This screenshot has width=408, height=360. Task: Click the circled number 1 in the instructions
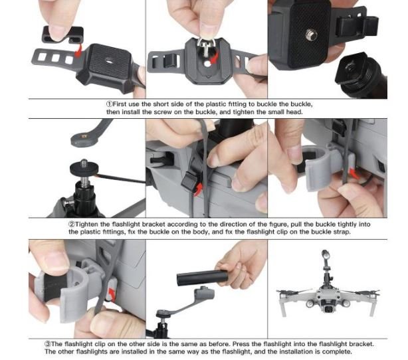coord(109,104)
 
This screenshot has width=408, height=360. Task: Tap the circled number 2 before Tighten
coord(72,225)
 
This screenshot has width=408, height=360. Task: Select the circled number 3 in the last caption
coord(48,344)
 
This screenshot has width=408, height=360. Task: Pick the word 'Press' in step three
coord(241,344)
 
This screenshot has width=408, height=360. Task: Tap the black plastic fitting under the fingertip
coord(62,35)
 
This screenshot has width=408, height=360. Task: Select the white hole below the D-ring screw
coord(207,64)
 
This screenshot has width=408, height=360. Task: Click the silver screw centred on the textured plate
coord(311,35)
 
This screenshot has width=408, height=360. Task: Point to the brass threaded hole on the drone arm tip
coord(83,135)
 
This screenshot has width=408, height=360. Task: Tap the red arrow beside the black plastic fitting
coord(78,50)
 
